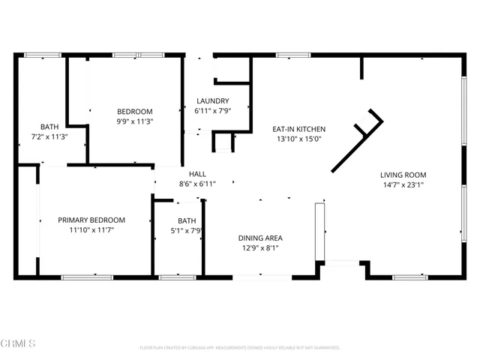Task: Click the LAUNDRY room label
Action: point(212,101)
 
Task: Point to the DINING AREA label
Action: point(260,238)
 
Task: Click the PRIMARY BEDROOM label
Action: point(91,220)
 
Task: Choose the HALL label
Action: point(197,173)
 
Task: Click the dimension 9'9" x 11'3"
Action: point(134,121)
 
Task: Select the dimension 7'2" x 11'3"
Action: point(49,136)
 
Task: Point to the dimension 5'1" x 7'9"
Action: point(187,230)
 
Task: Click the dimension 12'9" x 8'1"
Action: point(260,247)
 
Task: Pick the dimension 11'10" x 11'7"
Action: point(91,229)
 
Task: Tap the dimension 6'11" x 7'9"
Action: point(212,111)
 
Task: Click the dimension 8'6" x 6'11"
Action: point(197,183)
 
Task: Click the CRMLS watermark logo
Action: point(19,343)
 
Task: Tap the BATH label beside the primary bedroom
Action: point(187,220)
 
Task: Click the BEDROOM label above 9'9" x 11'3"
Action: point(134,111)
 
